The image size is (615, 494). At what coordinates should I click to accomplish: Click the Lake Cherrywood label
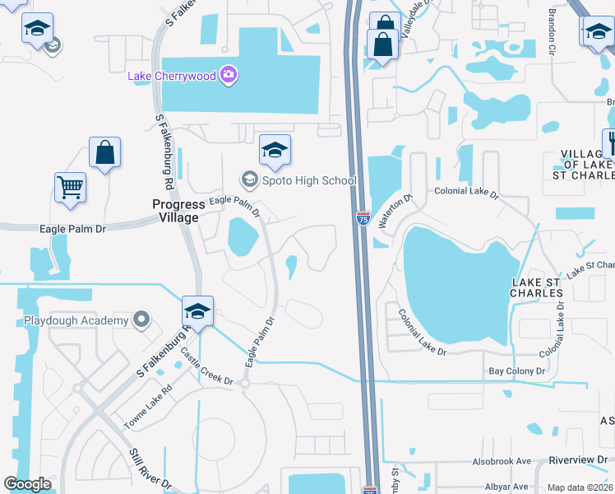[171, 76]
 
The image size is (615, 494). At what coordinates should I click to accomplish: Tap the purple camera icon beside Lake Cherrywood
[228, 76]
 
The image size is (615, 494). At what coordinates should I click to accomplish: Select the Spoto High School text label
[309, 180]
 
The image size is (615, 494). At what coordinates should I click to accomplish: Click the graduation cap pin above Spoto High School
[275, 150]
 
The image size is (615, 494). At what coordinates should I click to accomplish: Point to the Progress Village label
[176, 211]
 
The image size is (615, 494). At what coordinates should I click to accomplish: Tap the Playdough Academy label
[76, 319]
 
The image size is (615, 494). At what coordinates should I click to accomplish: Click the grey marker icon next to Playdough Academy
[142, 319]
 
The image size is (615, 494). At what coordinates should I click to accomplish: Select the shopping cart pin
[71, 187]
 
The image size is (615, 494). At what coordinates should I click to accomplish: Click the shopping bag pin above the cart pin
[104, 152]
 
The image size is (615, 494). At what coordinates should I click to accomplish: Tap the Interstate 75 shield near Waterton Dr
[363, 217]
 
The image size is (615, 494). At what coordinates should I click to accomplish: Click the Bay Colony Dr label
[517, 372]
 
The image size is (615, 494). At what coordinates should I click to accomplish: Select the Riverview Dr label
[579, 460]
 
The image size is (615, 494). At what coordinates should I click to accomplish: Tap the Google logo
[28, 484]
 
